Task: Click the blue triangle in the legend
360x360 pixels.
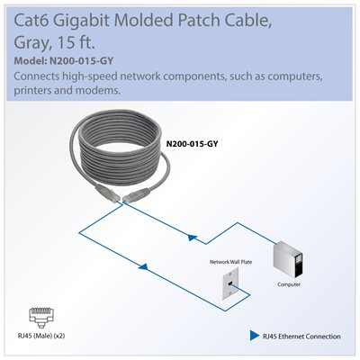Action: [254, 336]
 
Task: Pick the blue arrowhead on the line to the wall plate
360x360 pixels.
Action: [144, 265]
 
